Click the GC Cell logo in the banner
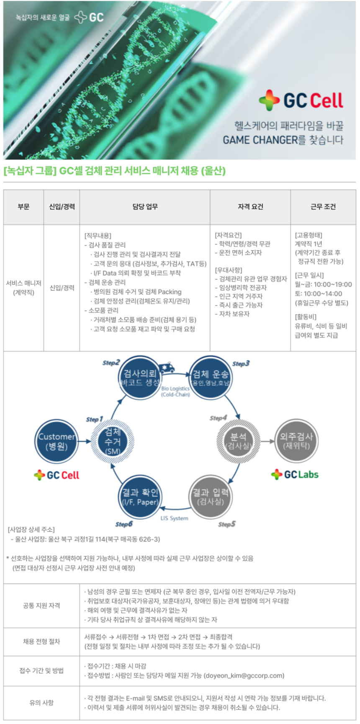tap(301, 100)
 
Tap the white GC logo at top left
tap(89, 17)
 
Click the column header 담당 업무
tap(145, 206)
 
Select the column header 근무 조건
tap(323, 206)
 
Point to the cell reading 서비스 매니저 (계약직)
tap(23, 288)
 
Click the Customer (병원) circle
tap(57, 441)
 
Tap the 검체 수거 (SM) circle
tap(113, 441)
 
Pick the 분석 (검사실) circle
tap(238, 441)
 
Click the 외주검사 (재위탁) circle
tap(296, 441)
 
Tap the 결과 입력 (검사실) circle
tap(211, 496)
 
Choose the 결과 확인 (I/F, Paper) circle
tap(139, 496)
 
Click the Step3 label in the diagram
tap(241, 363)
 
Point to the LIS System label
tap(174, 518)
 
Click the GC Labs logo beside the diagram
tap(295, 474)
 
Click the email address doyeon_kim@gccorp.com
tap(244, 675)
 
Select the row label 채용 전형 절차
tap(41, 642)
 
